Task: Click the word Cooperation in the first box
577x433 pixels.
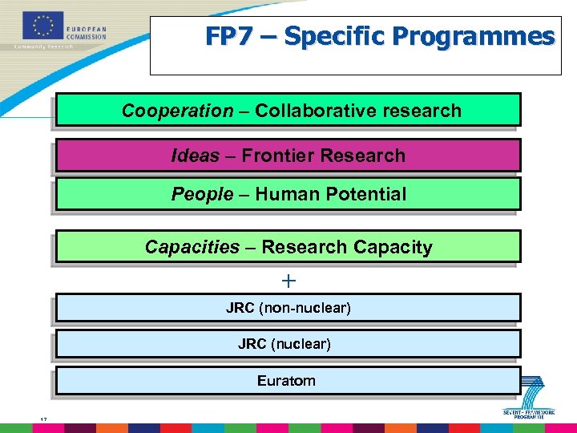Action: (177, 111)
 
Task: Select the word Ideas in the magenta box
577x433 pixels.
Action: (195, 156)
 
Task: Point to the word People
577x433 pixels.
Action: (202, 194)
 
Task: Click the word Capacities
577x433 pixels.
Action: (192, 247)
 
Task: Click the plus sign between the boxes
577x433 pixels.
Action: (289, 281)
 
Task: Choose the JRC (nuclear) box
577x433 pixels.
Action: (288, 344)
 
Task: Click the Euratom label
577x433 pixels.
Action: (286, 381)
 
